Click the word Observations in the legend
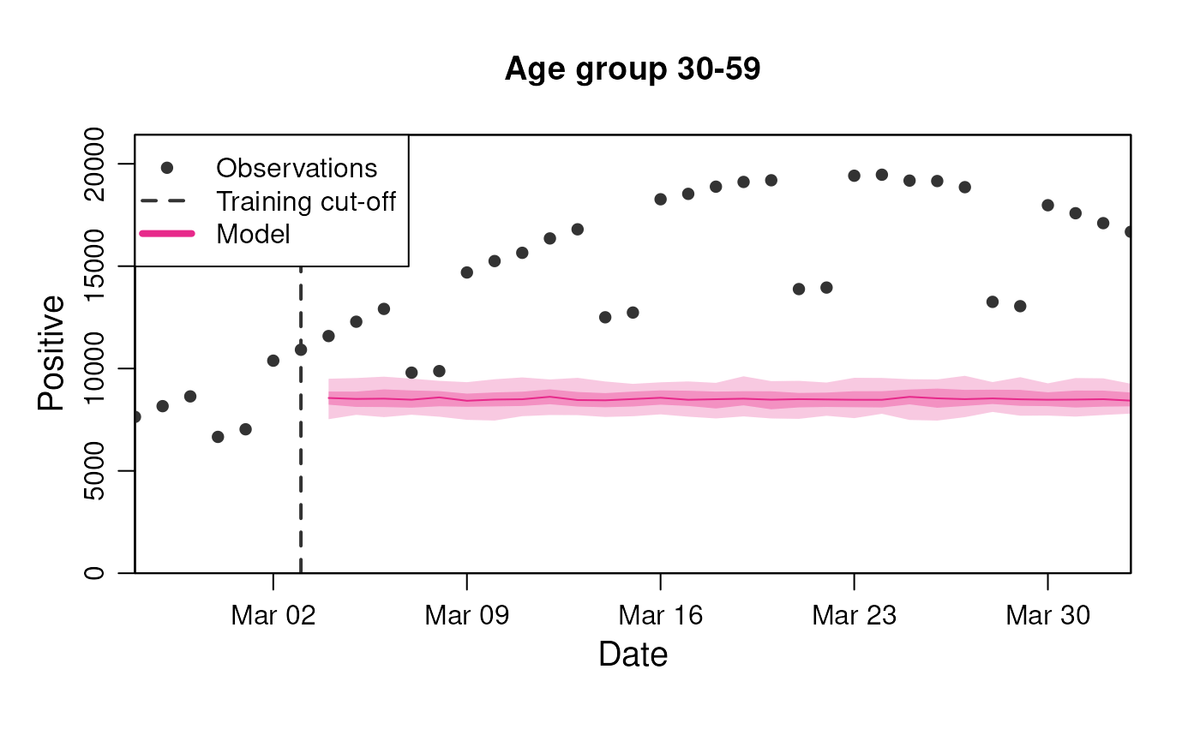tap(297, 168)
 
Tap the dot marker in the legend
tap(167, 168)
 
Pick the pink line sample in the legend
tap(167, 234)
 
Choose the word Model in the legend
tap(253, 234)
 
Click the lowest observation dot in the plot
tap(218, 437)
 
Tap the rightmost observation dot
tap(1128, 231)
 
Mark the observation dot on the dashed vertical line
tap(301, 350)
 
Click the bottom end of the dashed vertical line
tap(301, 569)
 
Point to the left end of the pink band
tap(330, 398)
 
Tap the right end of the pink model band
tap(1128, 397)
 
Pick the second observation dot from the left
tap(163, 406)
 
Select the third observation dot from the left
tap(190, 397)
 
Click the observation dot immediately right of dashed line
tap(328, 336)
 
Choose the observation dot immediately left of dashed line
tap(273, 361)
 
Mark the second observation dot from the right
tap(1103, 223)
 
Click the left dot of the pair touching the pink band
tap(411, 373)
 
